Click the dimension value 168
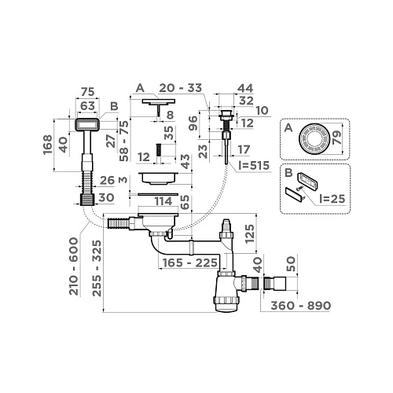click(x=48, y=145)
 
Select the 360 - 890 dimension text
click(x=300, y=306)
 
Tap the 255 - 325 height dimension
click(x=97, y=269)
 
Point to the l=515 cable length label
click(x=254, y=165)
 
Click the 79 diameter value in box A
click(x=337, y=138)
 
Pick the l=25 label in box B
click(x=332, y=199)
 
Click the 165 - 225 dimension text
click(x=190, y=263)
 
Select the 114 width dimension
click(x=163, y=201)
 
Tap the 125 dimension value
click(x=250, y=233)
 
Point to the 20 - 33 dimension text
click(x=181, y=88)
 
